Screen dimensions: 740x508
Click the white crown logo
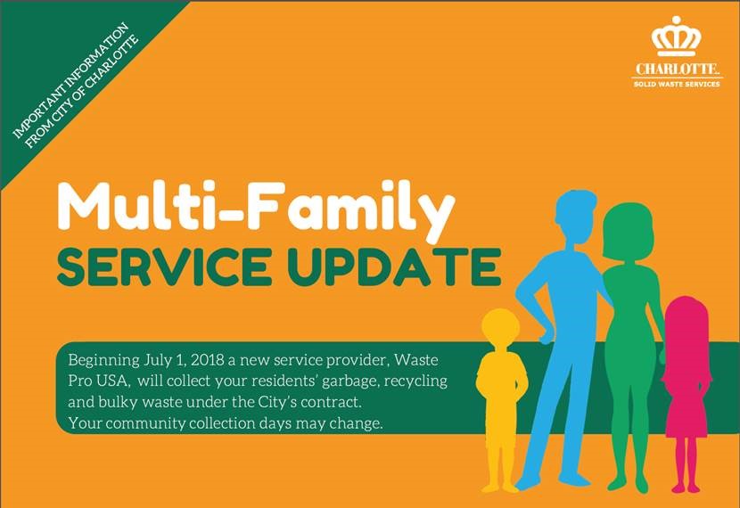pyautogui.click(x=677, y=37)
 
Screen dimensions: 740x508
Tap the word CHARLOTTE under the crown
pyautogui.click(x=677, y=69)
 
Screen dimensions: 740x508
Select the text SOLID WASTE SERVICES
pyautogui.click(x=677, y=84)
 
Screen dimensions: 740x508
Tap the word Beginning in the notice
pyautogui.click(x=103, y=361)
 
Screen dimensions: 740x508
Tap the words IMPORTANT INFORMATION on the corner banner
pyautogui.click(x=70, y=80)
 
